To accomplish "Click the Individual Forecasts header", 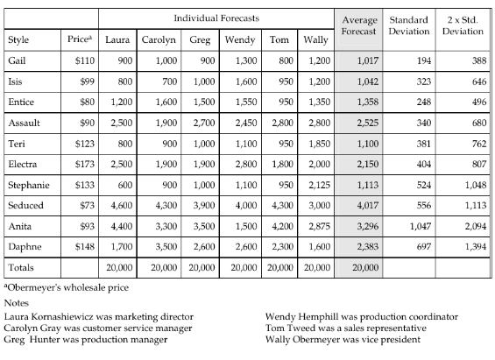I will point(216,18).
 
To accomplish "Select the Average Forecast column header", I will point(358,25).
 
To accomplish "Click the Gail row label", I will point(17,61).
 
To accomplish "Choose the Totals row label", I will point(21,266).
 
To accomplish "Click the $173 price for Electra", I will point(82,164).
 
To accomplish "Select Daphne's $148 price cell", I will point(82,246).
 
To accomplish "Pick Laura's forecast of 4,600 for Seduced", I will point(121,205).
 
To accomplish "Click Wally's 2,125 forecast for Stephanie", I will point(318,185).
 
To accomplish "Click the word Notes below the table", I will point(18,302).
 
